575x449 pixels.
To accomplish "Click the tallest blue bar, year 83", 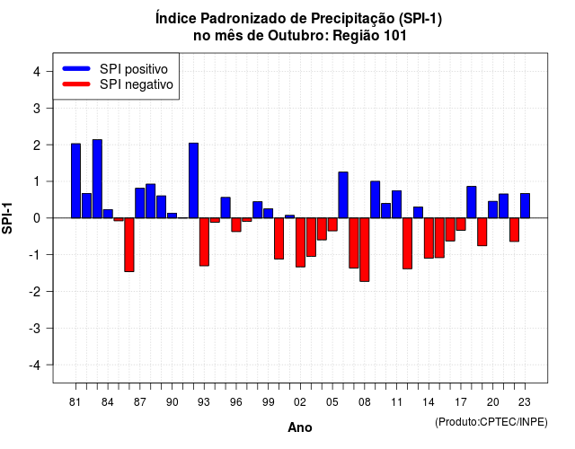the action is click(97, 179).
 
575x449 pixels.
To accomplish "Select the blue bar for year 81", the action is click(75, 180).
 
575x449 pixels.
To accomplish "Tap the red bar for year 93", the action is click(204, 242).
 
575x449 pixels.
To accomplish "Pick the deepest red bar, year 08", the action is click(365, 250).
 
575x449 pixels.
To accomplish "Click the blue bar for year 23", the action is click(525, 206).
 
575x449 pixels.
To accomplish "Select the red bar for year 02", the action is click(300, 242).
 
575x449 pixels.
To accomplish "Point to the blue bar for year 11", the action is click(396, 204).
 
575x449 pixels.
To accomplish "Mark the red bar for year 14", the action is click(429, 238).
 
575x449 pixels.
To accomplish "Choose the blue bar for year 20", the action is click(493, 209).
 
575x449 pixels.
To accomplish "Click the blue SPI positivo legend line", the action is click(76, 68).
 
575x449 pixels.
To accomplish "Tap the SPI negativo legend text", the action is click(137, 84).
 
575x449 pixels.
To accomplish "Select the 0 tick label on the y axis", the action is click(37, 218).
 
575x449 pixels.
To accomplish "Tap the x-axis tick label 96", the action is click(236, 402).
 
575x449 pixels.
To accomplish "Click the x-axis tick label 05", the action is click(332, 402).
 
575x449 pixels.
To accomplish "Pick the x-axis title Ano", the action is click(300, 427).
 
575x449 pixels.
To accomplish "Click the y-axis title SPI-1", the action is click(7, 218).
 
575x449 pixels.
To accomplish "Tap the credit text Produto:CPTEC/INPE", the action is click(491, 422).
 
